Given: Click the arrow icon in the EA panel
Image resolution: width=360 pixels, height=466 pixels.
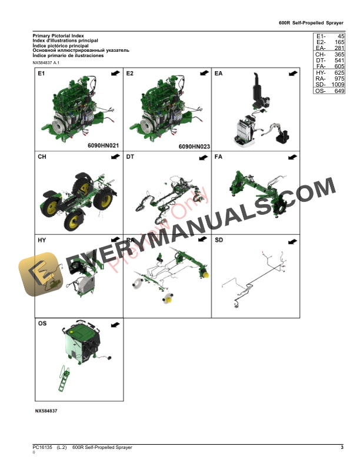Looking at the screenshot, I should [x=292, y=74].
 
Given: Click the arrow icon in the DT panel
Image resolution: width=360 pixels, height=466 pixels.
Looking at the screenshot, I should [x=203, y=158].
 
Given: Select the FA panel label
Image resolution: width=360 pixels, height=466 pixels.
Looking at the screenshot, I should [x=219, y=157].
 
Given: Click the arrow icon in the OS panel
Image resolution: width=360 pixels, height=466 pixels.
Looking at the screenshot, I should [x=115, y=324].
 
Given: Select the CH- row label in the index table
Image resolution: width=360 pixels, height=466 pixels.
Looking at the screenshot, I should [x=321, y=54].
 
